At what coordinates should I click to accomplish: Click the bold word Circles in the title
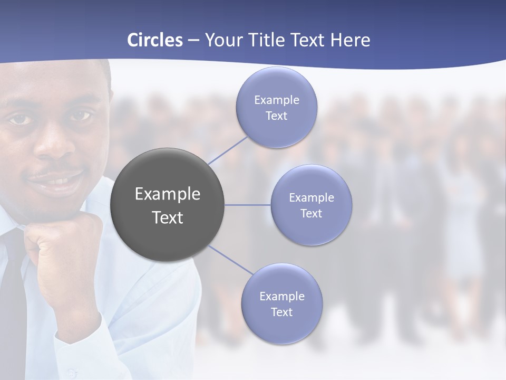155,40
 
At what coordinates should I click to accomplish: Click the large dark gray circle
167,205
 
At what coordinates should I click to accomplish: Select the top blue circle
277,107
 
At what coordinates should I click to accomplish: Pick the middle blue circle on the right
312,205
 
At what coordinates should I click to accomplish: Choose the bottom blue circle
281,303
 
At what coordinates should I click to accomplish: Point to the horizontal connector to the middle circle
248,205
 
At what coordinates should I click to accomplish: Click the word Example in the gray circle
167,194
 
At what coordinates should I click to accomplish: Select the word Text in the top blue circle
277,116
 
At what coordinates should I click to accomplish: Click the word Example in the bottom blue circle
281,296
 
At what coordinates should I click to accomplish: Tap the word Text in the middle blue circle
312,214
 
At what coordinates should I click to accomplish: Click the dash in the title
193,40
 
